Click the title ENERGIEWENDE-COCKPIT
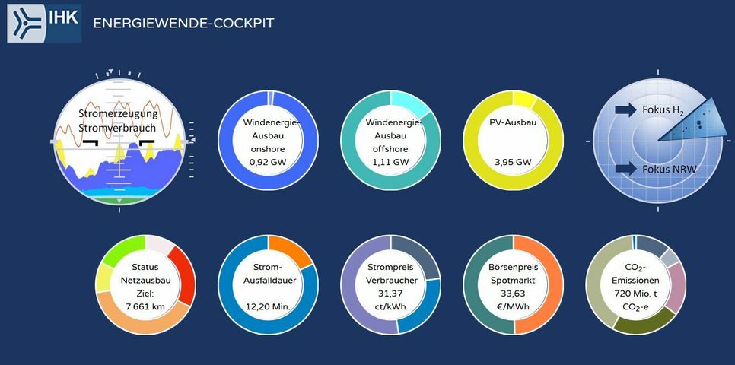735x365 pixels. (x=183, y=23)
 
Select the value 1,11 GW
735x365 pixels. (x=390, y=162)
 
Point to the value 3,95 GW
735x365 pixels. (x=513, y=162)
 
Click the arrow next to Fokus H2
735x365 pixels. (x=625, y=110)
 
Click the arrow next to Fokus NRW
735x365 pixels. (x=625, y=168)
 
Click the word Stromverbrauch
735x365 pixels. (x=117, y=128)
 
